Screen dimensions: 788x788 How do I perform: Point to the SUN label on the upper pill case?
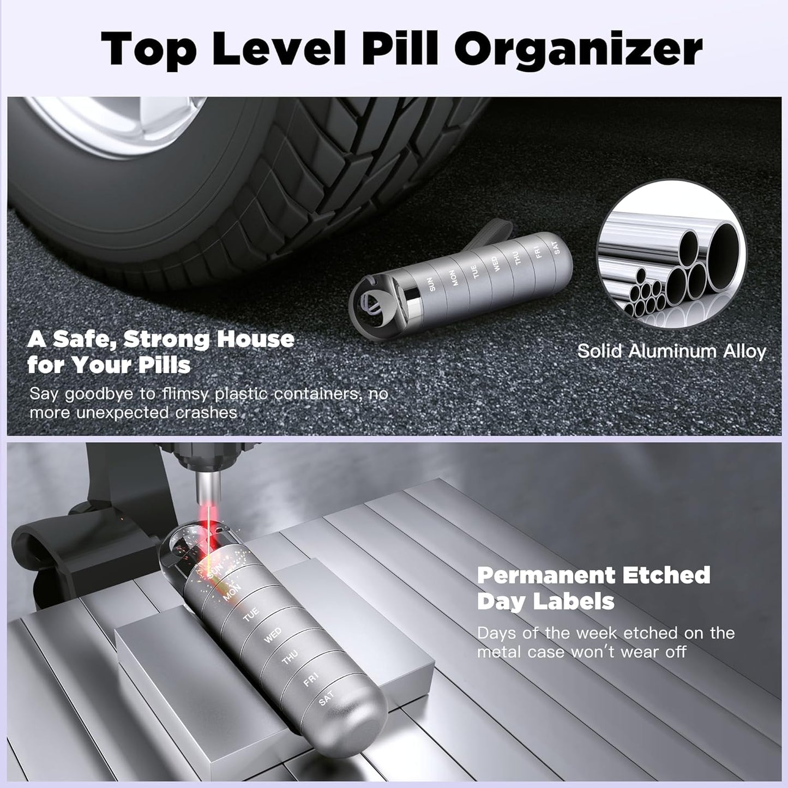432,284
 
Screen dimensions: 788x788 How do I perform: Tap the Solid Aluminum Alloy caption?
672,351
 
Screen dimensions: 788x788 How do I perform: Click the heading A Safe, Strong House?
161,339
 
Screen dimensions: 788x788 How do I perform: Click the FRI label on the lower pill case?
310,679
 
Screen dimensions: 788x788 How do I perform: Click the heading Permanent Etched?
593,575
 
